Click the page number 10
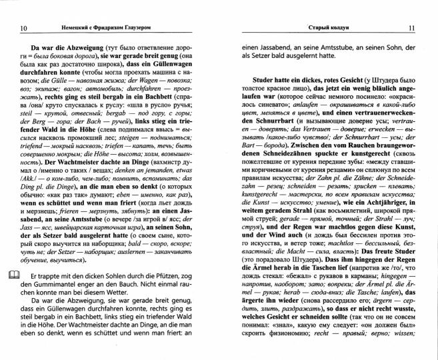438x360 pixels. [x=24, y=27]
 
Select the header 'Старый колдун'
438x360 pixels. [x=325, y=27]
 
